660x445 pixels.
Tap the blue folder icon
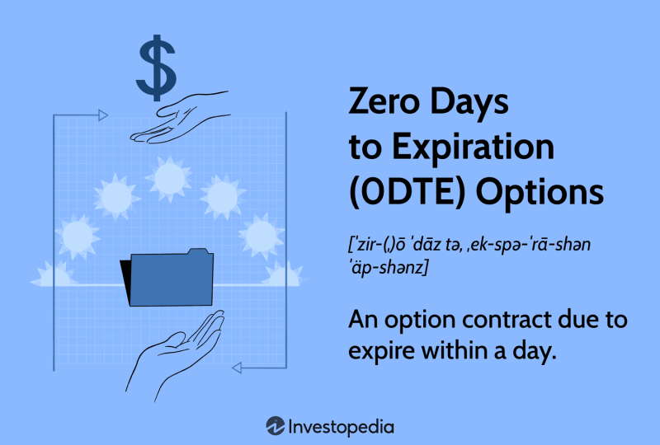click(x=168, y=276)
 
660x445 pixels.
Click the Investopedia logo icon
click(x=276, y=426)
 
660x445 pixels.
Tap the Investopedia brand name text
click(x=341, y=426)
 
